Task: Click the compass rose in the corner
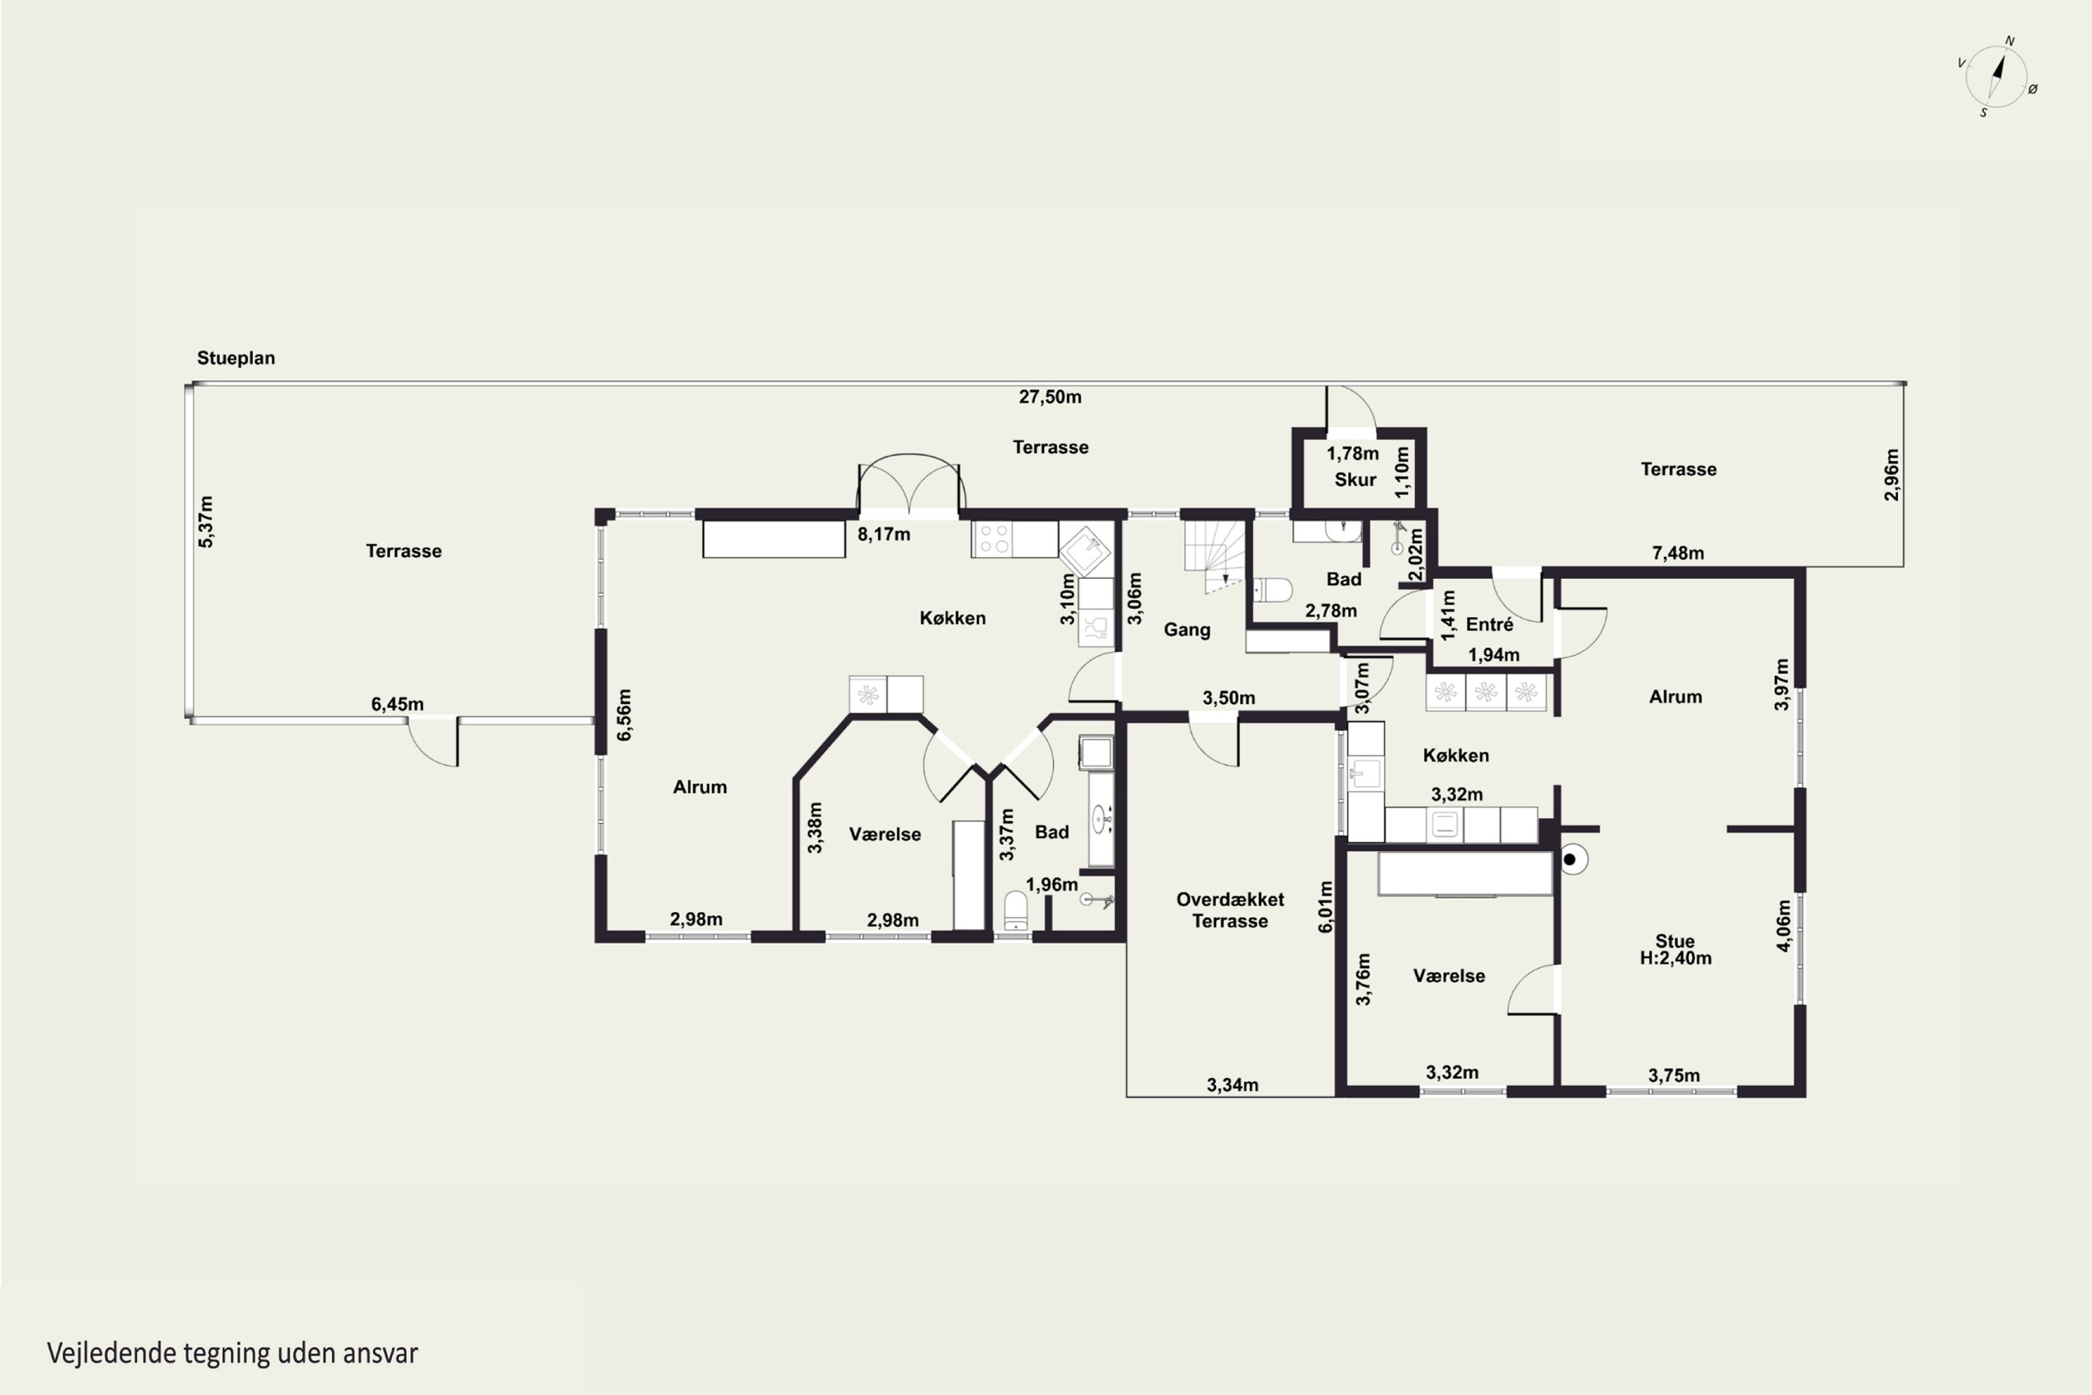[1997, 77]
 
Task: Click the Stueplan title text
[236, 358]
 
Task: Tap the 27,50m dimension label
[1050, 397]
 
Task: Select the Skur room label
[1356, 480]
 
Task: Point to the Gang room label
[1188, 630]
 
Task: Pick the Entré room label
[1490, 624]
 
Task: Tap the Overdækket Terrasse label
[1230, 910]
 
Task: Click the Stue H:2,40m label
[1676, 949]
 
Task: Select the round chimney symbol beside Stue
[1571, 859]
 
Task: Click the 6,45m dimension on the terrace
[397, 704]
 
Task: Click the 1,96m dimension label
[1052, 884]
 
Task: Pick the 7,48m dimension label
[1678, 552]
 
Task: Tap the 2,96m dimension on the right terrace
[1892, 474]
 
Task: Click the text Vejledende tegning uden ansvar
[232, 1353]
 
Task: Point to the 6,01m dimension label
[1326, 907]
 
